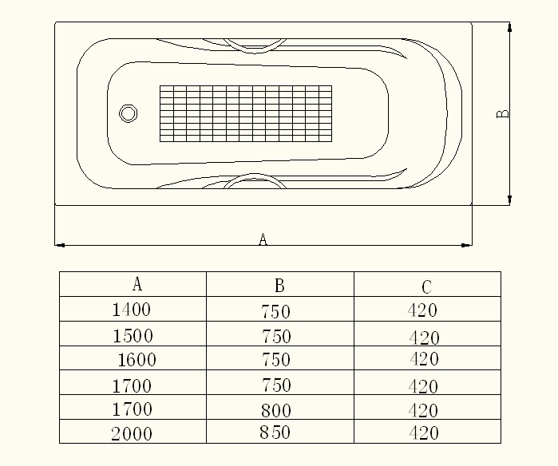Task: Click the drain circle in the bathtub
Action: click(x=128, y=113)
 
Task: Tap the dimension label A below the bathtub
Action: click(x=263, y=239)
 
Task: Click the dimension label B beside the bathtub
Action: click(x=503, y=114)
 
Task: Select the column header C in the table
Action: click(x=427, y=286)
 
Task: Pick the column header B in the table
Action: click(x=279, y=285)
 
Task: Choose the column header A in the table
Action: click(x=137, y=283)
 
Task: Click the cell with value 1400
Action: click(x=132, y=310)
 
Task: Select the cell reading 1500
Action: click(x=133, y=335)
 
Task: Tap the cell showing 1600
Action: click(x=137, y=360)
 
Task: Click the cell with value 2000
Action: click(x=132, y=434)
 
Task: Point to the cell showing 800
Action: click(x=276, y=411)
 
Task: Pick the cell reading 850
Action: click(x=275, y=433)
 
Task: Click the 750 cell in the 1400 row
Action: click(x=276, y=311)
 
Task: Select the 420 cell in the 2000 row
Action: click(x=423, y=434)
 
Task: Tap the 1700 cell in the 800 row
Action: click(x=132, y=410)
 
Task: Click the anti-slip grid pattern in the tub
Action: click(x=246, y=113)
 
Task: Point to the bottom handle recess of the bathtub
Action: click(x=255, y=181)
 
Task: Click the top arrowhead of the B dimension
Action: click(x=510, y=26)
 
